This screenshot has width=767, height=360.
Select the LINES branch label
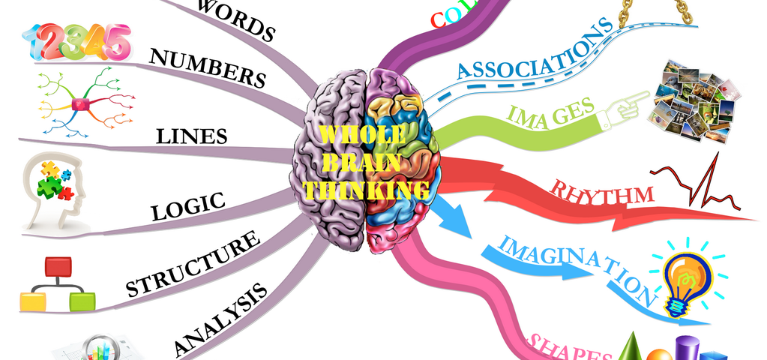pyautogui.click(x=191, y=136)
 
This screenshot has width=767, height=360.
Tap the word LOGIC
pyautogui.click(x=188, y=206)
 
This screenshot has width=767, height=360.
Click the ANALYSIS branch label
pyautogui.click(x=220, y=319)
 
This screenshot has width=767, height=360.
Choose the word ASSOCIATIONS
pyautogui.click(x=534, y=49)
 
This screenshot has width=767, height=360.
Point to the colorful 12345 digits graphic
pyautogui.click(x=76, y=40)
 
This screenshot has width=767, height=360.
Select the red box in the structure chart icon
pyautogui.click(x=58, y=266)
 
